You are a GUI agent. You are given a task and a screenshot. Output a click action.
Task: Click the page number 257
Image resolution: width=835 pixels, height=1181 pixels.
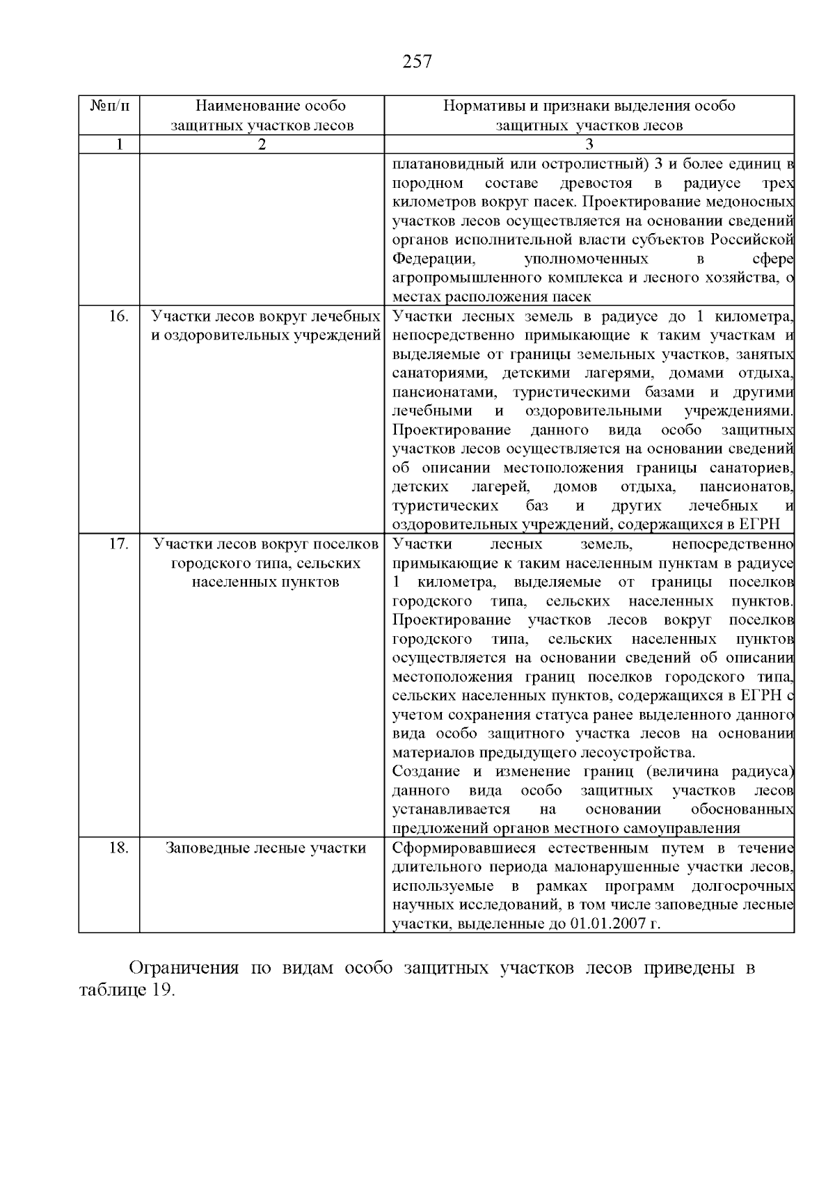pos(417,62)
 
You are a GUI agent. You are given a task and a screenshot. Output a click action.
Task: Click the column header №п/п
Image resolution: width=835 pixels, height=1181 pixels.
pos(109,106)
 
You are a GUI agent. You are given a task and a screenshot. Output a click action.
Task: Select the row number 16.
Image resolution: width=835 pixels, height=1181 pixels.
pos(119,316)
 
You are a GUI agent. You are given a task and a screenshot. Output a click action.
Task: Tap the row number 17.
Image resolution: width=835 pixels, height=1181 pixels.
pos(119,544)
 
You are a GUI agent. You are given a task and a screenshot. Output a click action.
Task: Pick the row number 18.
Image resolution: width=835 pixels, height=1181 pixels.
pos(119,848)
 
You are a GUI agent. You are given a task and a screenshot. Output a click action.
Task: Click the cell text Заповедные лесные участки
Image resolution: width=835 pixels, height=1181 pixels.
pos(266,848)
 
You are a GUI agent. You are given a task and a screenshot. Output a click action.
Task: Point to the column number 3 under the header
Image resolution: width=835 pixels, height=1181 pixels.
pos(589,144)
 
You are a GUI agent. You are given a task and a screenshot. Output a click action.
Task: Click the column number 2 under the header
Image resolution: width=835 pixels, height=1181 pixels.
pos(262,144)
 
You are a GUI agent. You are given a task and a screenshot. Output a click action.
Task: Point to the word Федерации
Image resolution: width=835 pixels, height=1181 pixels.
pos(433,259)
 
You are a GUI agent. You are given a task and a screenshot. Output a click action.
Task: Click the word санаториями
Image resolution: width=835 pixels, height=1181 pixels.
pos(436,373)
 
